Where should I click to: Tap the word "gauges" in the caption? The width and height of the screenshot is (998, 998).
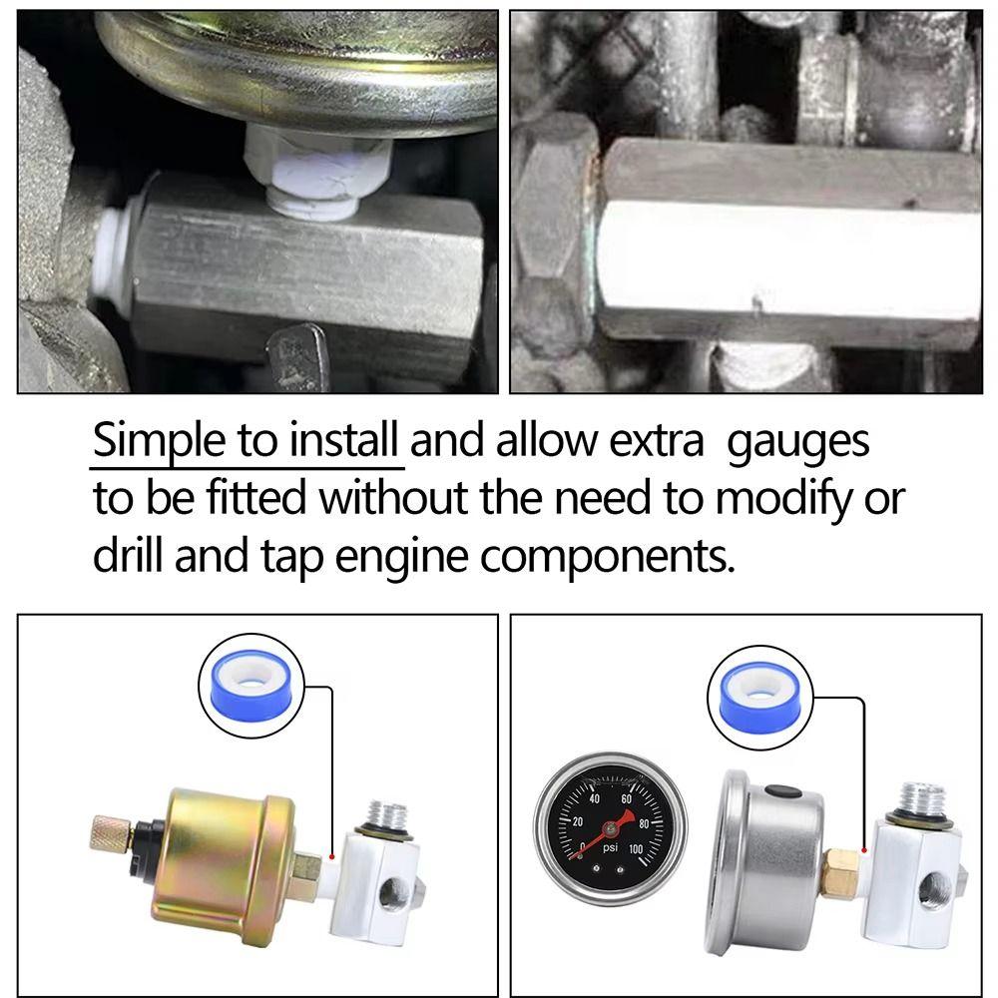[x=797, y=442]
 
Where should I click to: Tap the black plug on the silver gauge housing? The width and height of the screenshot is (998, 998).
[x=780, y=791]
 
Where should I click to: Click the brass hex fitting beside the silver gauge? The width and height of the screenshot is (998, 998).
[x=840, y=867]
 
